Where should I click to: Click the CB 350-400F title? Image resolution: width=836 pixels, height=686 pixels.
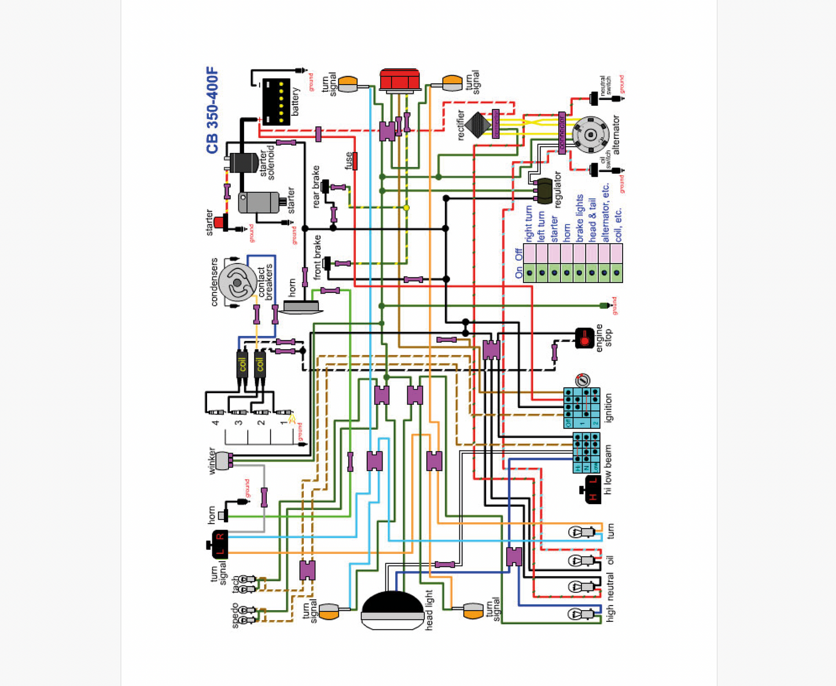coord(213,111)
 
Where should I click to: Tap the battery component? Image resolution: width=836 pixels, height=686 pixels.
coord(276,102)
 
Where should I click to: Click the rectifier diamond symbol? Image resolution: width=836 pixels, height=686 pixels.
coord(478,124)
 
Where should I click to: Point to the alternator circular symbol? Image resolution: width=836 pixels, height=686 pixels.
coord(590,135)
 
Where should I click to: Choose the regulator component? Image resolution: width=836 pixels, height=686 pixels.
coord(544,191)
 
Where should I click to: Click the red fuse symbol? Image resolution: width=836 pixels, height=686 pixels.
coord(355,161)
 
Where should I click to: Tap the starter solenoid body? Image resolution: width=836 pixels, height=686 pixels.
coord(244,163)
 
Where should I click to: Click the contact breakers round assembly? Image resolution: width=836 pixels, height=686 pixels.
coord(237,283)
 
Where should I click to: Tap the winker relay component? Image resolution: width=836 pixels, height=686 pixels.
coord(224,460)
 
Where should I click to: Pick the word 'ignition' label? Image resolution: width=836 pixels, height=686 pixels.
coord(608,408)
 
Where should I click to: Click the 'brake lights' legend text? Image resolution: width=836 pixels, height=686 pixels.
coord(580,218)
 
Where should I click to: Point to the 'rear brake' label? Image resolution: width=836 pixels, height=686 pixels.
coord(316,186)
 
